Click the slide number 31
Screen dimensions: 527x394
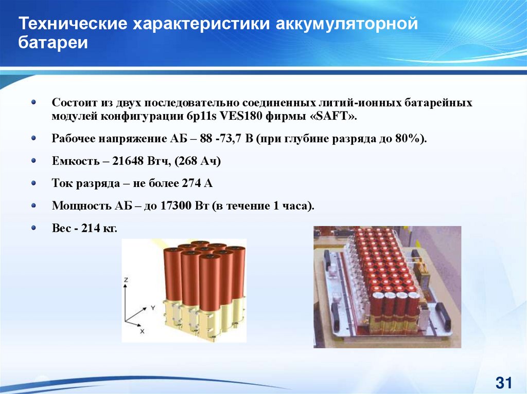(x=503, y=383)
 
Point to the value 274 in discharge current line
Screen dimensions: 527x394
(x=191, y=183)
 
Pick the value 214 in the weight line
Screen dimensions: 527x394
(x=91, y=228)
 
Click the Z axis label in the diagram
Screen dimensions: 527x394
(x=126, y=279)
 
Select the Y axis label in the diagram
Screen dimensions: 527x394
(x=153, y=307)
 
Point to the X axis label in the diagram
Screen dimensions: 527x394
(x=142, y=331)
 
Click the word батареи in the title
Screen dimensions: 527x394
(x=53, y=43)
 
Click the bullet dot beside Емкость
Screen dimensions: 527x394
(x=33, y=161)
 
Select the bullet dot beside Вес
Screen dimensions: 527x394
(x=33, y=228)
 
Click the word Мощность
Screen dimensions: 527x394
(x=81, y=205)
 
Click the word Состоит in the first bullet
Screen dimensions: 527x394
(x=74, y=102)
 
